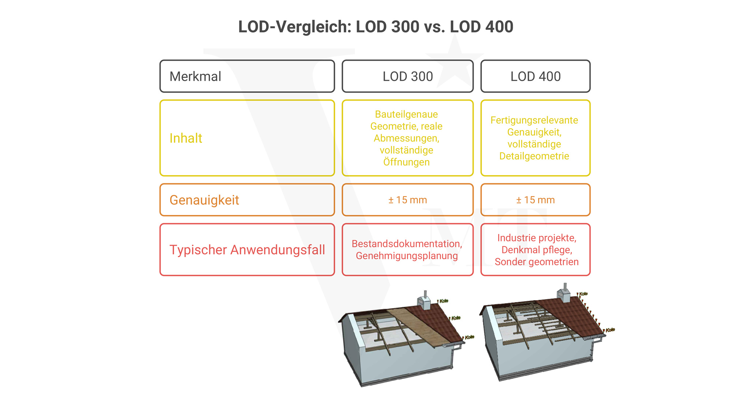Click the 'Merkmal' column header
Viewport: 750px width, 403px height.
click(195, 76)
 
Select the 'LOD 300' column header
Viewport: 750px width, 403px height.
click(407, 76)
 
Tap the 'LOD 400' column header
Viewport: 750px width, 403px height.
click(535, 76)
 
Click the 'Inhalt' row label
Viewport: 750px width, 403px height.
click(186, 138)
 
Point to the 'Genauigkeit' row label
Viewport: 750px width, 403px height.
click(204, 200)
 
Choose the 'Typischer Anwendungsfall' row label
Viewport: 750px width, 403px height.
click(247, 250)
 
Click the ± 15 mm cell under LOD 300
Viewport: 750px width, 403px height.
click(407, 200)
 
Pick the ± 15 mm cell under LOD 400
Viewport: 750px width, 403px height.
click(535, 200)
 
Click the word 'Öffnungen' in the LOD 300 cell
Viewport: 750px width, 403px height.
click(406, 162)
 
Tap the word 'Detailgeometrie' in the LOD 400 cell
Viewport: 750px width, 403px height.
click(534, 156)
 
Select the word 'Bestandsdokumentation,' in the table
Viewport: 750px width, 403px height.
click(407, 244)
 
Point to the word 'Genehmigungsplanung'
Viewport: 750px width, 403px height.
click(407, 256)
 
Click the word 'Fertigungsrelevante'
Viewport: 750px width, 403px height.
click(534, 120)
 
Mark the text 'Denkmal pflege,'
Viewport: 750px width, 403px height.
click(537, 250)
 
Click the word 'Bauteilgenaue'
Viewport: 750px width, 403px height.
click(406, 114)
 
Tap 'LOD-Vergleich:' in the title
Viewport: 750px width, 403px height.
click(295, 27)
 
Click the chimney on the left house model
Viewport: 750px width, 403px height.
click(425, 301)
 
